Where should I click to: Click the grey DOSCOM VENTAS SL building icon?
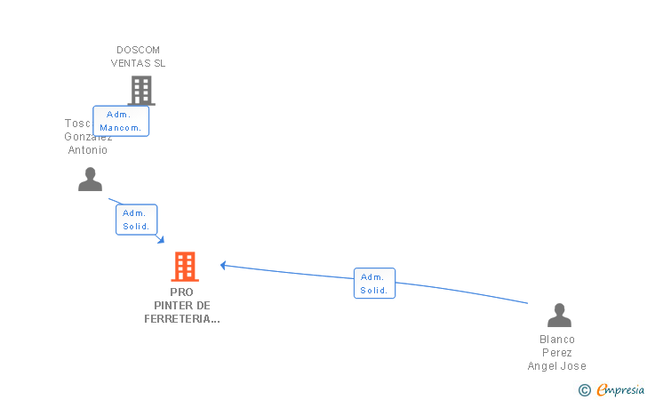point(140,90)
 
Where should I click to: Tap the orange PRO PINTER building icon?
point(185,266)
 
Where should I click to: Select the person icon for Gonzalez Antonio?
point(90,180)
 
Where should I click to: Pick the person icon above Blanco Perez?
point(559,316)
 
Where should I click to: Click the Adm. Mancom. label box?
point(121,121)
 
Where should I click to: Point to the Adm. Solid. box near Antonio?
point(136,220)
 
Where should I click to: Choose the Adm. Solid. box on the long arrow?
point(374,284)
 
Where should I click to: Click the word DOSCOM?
point(138,50)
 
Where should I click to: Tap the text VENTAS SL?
point(138,63)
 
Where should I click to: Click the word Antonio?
point(88,150)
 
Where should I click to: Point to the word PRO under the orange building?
point(181,292)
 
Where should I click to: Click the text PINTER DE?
point(181,305)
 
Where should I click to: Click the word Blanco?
point(557,340)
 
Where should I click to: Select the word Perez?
point(557,353)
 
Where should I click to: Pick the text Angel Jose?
point(557,366)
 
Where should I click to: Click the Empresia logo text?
point(620,389)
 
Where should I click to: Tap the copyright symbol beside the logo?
point(585,389)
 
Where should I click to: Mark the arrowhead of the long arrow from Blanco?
point(223,264)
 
